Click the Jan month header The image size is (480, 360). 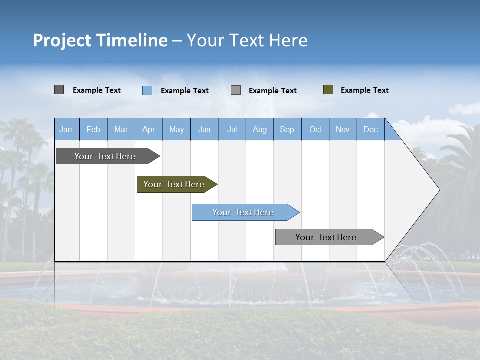point(66,129)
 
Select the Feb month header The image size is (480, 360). point(93,129)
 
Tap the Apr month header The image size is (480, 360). point(149,129)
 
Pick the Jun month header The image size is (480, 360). point(204,129)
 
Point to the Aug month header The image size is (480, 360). point(260,129)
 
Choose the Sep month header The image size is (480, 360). point(287,129)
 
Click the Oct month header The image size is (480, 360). point(315,129)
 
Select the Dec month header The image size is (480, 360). point(371,129)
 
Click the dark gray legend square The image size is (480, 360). point(59,90)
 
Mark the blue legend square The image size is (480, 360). point(147,90)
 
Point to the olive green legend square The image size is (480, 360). point(328,90)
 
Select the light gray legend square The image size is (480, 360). point(236,90)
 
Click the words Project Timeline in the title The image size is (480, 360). point(100,40)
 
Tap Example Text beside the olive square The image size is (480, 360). point(364,90)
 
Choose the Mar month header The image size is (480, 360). point(121,129)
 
